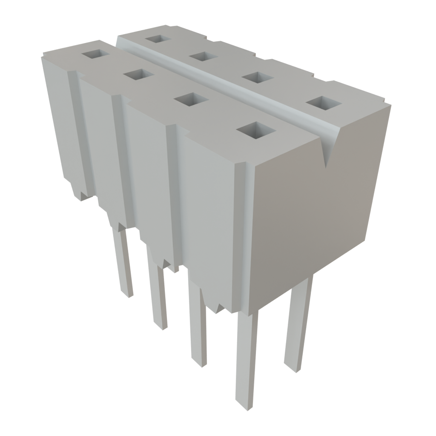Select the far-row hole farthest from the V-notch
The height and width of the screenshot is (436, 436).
pos(158,39)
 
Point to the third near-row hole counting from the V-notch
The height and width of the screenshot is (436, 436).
pos(139,75)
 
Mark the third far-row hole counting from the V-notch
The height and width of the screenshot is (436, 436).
pos(204,56)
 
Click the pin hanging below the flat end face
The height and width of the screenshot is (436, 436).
pos(297,324)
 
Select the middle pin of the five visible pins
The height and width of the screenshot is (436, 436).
pos(198,328)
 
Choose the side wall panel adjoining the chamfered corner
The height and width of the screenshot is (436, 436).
pos(209,213)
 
